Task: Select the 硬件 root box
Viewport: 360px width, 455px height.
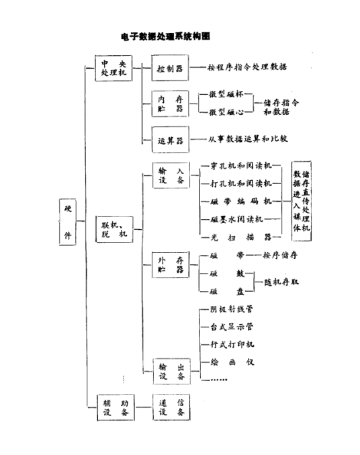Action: click(x=67, y=226)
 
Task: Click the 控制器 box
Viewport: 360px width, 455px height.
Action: click(x=170, y=68)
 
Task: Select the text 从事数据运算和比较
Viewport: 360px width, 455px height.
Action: click(x=248, y=140)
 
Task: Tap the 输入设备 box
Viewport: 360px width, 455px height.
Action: click(x=170, y=176)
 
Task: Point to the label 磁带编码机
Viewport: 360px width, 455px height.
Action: click(x=240, y=201)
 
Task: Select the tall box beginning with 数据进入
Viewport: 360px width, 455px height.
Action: click(x=302, y=200)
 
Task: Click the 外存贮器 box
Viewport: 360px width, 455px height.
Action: click(x=170, y=264)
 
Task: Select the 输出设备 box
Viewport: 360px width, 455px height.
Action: click(x=170, y=372)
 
